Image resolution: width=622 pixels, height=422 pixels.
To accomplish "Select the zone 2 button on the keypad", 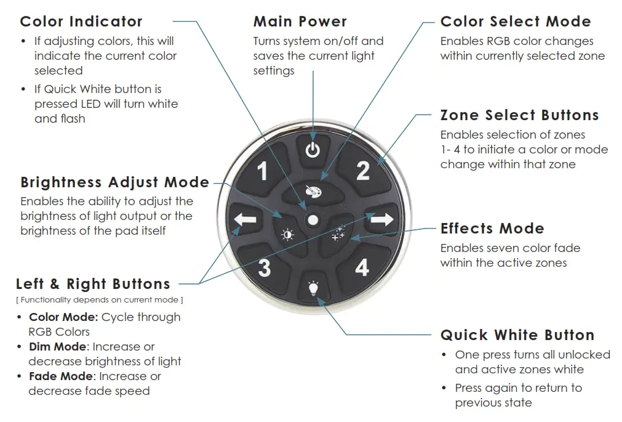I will [363, 170].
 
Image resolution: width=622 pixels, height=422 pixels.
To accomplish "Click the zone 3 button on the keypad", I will [264, 268].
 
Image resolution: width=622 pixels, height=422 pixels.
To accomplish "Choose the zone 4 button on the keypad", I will [362, 267].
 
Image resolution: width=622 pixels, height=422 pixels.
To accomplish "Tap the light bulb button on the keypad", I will [313, 288].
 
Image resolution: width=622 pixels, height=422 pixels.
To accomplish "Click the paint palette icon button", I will [313, 192].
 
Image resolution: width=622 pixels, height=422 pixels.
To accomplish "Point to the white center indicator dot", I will [313, 219].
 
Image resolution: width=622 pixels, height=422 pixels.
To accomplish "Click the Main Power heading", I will [300, 22].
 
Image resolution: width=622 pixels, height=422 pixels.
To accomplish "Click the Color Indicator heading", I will [81, 22].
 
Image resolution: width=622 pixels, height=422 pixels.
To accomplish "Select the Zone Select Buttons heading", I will [519, 115].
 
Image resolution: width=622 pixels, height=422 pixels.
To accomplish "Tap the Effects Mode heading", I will [492, 229].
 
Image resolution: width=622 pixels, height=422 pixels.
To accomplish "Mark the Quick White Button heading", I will [517, 335].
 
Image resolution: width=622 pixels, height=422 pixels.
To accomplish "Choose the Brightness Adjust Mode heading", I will [114, 182].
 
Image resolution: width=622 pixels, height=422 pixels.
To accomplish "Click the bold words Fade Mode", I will [63, 376].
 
